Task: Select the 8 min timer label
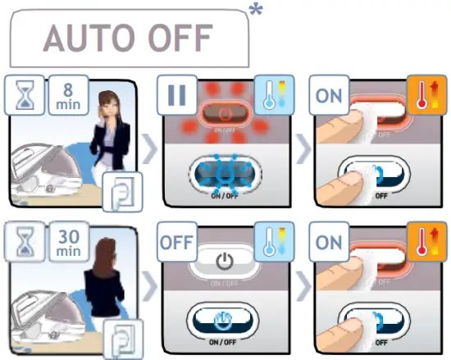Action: (x=67, y=97)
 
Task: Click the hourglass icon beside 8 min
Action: (x=25, y=97)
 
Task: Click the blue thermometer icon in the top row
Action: (x=273, y=97)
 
